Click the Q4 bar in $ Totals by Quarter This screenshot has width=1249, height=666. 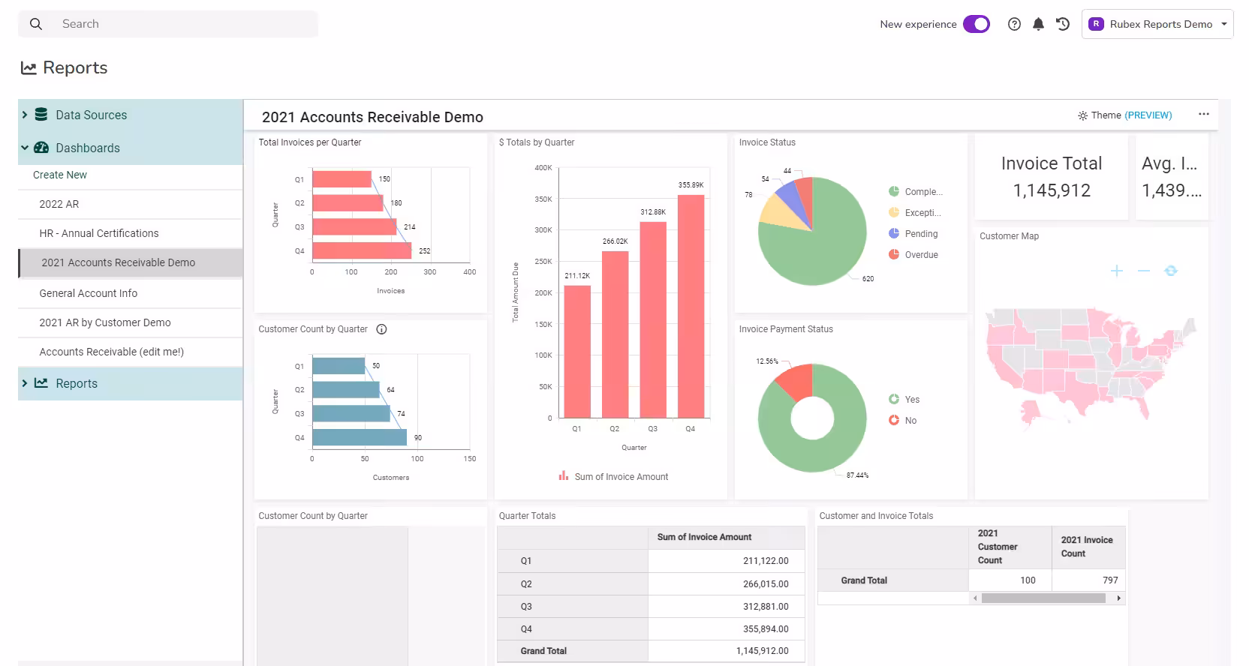(691, 306)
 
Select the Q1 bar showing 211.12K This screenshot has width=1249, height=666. (577, 352)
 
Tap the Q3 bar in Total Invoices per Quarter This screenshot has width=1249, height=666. (354, 226)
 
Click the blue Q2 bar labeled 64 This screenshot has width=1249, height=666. (346, 389)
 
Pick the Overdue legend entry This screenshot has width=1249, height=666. (913, 255)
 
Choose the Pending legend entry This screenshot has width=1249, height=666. (913, 233)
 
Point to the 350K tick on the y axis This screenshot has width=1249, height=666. (543, 199)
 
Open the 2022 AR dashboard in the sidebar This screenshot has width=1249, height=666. (59, 204)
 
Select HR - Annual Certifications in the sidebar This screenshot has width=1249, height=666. (98, 233)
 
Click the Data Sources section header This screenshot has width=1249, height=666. (91, 115)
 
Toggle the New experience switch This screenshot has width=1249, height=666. (977, 24)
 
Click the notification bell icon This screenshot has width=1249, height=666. (1038, 24)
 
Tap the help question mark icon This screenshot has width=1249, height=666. (1014, 24)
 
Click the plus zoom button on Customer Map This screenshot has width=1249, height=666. (1116, 271)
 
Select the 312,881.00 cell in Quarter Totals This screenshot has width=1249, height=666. (766, 606)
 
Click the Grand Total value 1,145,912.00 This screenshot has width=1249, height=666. (762, 650)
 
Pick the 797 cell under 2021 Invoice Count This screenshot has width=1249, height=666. (1110, 580)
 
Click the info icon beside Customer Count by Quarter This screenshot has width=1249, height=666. (381, 328)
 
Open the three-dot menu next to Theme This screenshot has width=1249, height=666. (1204, 114)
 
